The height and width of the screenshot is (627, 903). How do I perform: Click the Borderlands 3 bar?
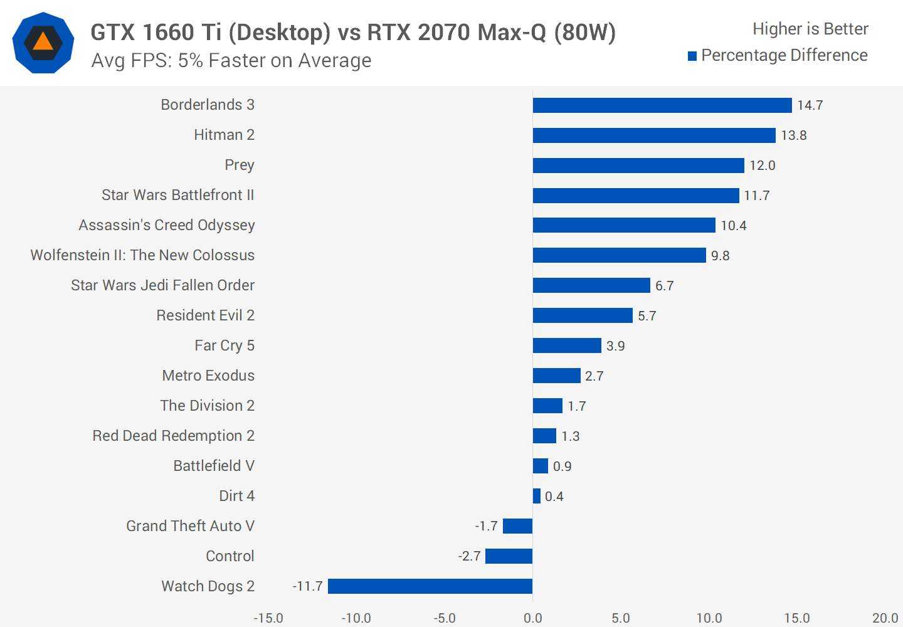[x=662, y=105]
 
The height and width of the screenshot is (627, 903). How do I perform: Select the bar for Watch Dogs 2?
[x=430, y=586]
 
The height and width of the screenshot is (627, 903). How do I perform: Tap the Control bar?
[x=509, y=556]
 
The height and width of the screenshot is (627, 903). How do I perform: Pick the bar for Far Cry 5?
[x=567, y=345]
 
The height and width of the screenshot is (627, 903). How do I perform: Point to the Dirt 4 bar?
[x=537, y=496]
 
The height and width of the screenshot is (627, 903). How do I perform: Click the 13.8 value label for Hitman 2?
[x=793, y=135]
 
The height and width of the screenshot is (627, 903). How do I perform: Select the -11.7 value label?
[x=307, y=586]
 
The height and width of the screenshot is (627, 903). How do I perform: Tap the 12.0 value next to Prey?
[x=763, y=166]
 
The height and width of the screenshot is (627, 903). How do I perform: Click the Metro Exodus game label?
[x=208, y=376]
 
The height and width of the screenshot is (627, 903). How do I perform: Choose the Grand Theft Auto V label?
[x=190, y=526]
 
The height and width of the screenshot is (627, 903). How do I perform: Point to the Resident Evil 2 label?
[x=205, y=315]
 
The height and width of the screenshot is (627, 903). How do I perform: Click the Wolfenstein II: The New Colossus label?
[x=142, y=255]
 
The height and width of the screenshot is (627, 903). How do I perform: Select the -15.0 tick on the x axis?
[x=268, y=618]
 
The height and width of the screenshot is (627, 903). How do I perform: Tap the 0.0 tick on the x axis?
[x=533, y=618]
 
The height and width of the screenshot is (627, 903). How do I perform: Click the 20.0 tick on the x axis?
[x=885, y=618]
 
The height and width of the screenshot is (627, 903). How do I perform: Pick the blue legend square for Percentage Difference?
[x=692, y=56]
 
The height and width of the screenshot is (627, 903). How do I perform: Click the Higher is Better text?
[x=810, y=29]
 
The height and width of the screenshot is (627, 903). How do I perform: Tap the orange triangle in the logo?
[x=43, y=42]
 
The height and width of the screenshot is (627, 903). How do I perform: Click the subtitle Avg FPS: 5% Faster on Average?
[x=231, y=61]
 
